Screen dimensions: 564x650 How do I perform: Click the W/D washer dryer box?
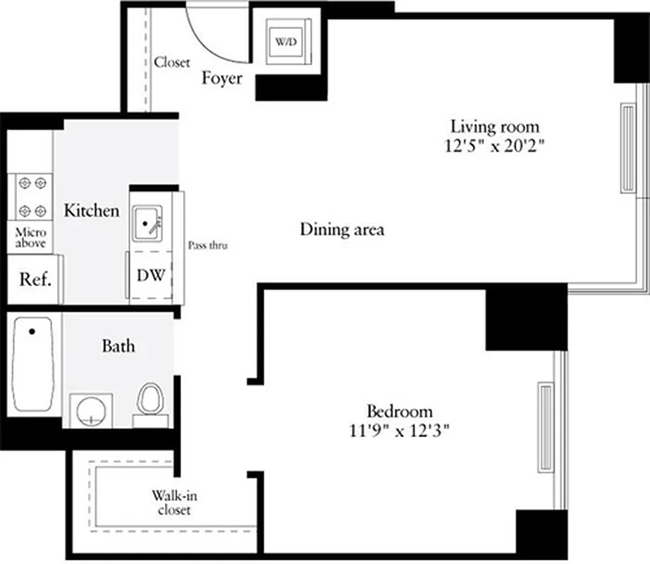pos(286,43)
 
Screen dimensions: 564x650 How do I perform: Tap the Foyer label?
pos(221,78)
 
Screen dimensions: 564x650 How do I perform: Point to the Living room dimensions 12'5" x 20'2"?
pos(495,147)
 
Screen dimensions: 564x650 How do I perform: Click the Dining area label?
pos(342,230)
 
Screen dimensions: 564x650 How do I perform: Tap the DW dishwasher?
pos(151,276)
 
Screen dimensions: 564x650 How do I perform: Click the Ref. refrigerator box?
pos(35,280)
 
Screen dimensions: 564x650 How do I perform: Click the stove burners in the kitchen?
pos(34,197)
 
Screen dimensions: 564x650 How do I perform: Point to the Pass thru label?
pos(208,246)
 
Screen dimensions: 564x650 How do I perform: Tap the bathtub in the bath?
pos(33,364)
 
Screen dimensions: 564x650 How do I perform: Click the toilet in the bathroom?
pos(151,403)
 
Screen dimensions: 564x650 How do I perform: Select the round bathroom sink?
pos(91,410)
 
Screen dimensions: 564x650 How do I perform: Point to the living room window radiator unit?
pos(627,147)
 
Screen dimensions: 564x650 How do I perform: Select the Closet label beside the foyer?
pos(172,63)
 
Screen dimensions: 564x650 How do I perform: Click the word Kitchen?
pos(91,211)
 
